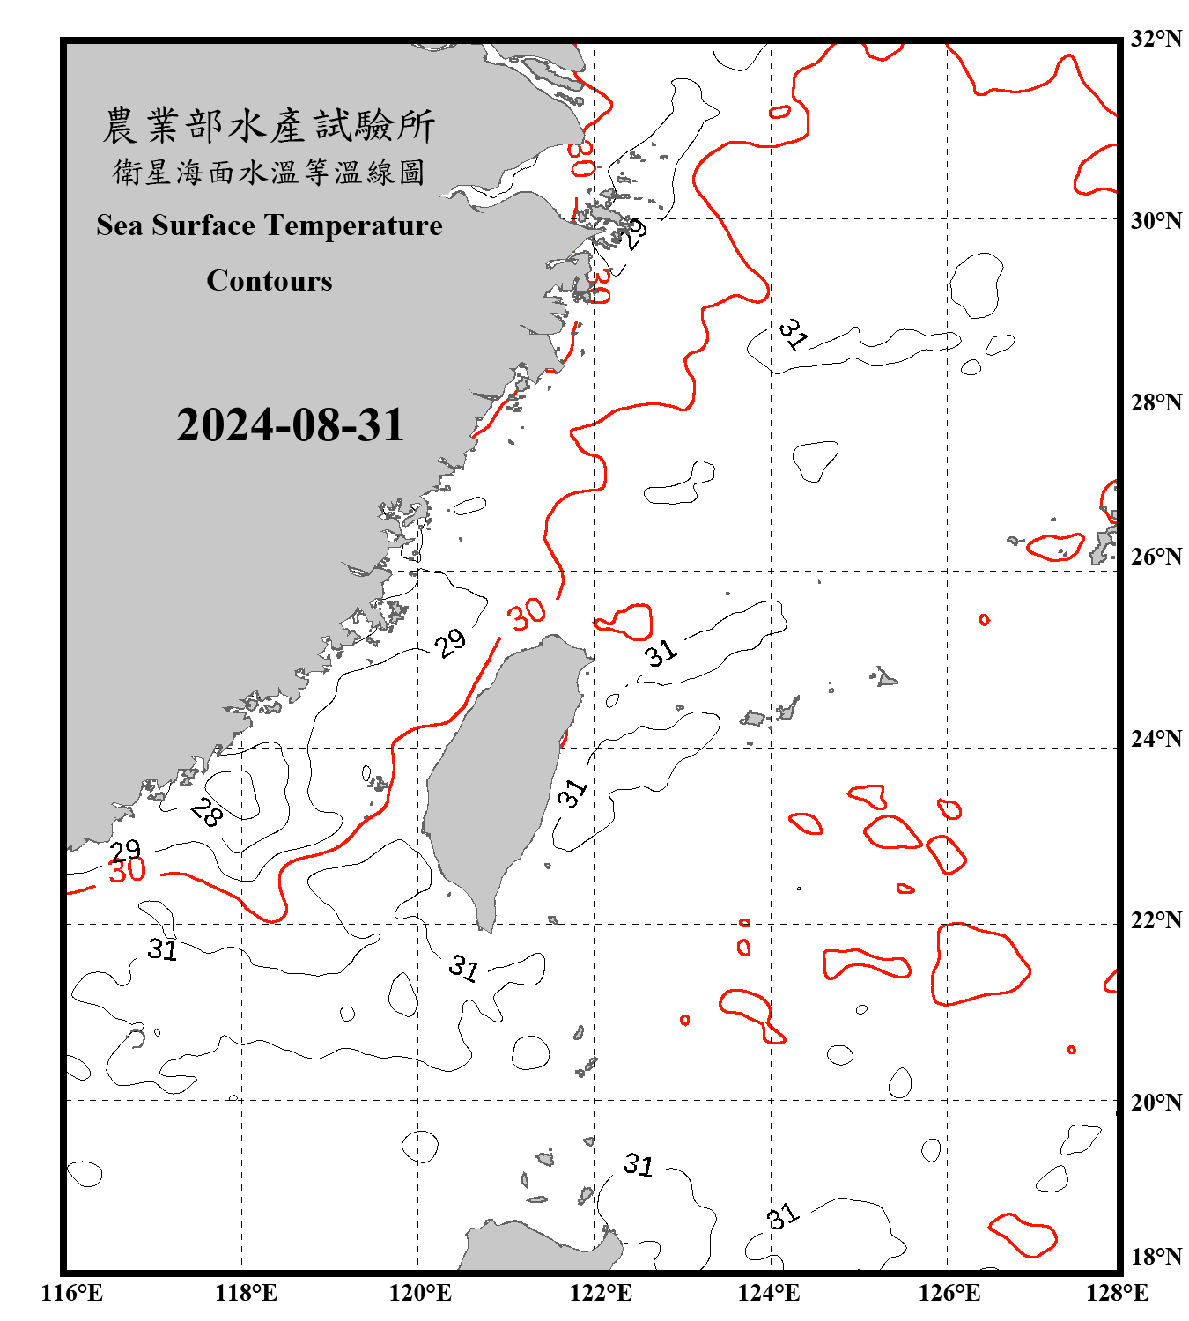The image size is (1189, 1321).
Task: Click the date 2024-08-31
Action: click(x=290, y=425)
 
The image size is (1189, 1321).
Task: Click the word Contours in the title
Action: click(x=270, y=281)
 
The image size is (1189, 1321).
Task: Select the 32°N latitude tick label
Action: click(x=1156, y=39)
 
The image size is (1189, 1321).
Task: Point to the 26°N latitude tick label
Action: click(x=1156, y=557)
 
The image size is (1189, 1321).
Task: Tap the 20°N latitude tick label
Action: click(x=1156, y=1102)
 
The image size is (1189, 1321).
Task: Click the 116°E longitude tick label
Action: click(x=72, y=1293)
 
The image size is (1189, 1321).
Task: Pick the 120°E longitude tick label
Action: click(x=420, y=1293)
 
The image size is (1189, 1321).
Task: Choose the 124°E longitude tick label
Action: click(x=769, y=1293)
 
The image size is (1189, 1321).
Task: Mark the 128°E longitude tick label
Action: click(x=1117, y=1293)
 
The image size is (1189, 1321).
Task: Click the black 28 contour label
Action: click(x=206, y=812)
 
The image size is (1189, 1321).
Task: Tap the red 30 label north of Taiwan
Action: click(x=527, y=615)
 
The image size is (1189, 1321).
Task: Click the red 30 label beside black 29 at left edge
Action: click(x=127, y=871)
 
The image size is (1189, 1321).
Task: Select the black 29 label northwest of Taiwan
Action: click(x=450, y=643)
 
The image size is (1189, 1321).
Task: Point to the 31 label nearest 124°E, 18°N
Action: click(x=782, y=1216)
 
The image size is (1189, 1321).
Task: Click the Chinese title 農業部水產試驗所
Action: click(x=269, y=126)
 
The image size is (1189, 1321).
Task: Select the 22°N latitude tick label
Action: click(x=1156, y=920)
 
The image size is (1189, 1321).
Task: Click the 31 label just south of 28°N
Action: click(x=793, y=335)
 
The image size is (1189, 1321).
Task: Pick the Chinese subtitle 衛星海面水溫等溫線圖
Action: click(x=269, y=173)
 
